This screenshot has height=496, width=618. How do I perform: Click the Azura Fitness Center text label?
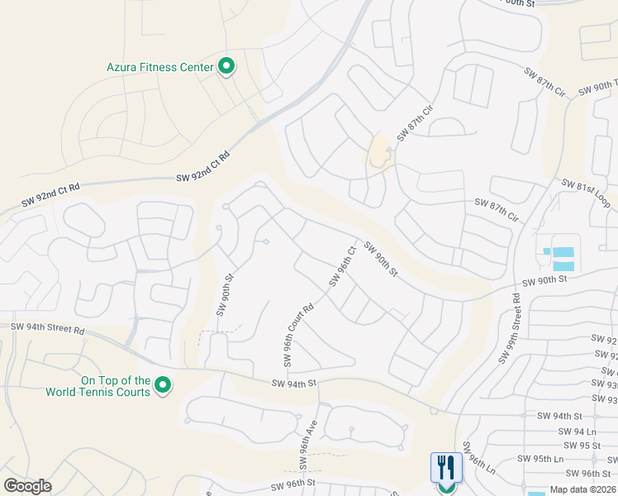[x=160, y=67]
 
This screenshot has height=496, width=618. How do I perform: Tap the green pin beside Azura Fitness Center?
[x=226, y=67]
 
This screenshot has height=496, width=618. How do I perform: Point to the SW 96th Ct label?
[x=342, y=266]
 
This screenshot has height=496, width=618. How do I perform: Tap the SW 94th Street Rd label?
[x=48, y=330]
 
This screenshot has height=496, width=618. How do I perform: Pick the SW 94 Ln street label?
[x=576, y=432]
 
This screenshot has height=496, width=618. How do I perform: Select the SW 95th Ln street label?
[x=540, y=459]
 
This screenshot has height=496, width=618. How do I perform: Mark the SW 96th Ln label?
[x=479, y=457]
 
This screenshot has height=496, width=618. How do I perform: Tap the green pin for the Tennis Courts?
[x=164, y=385]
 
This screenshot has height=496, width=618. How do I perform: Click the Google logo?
[x=27, y=486]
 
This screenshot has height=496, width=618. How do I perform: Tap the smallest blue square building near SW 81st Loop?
[x=546, y=250]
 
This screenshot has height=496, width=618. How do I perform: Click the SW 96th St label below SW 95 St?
[x=589, y=473]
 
